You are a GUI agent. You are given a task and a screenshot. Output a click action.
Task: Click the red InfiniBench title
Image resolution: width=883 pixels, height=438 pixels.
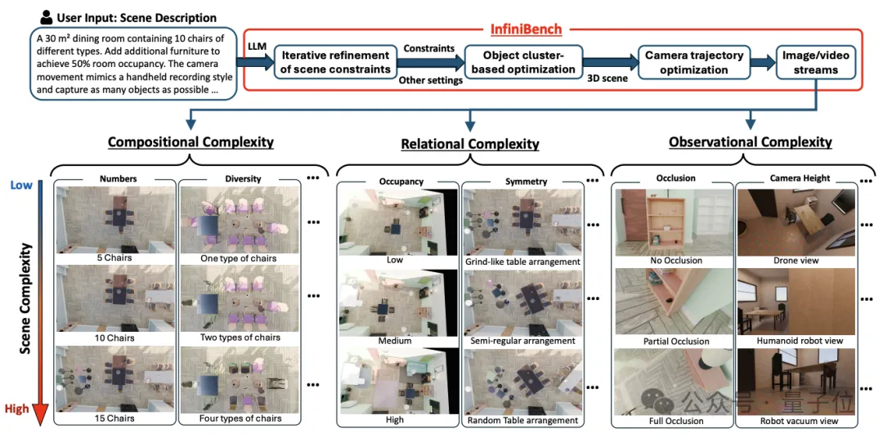[x=526, y=29]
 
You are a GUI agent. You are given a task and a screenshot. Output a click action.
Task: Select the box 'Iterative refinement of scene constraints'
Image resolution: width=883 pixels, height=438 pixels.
[x=336, y=62]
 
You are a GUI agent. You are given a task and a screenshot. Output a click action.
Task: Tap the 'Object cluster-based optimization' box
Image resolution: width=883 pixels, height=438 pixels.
[x=524, y=62]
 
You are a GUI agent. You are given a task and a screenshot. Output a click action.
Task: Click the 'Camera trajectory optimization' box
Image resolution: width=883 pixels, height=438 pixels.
[x=694, y=62]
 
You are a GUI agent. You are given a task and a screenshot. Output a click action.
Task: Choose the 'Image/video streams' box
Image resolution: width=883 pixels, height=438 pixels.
[x=814, y=62]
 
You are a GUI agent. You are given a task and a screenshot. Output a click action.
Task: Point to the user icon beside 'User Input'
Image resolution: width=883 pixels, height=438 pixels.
[x=45, y=17]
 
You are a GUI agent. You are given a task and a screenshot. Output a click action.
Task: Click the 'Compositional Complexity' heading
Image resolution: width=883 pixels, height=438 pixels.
[x=190, y=142]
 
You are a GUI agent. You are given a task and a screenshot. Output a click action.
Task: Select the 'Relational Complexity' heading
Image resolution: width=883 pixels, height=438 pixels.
[x=470, y=144]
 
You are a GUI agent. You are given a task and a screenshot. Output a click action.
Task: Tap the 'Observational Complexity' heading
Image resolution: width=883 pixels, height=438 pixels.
[x=750, y=142]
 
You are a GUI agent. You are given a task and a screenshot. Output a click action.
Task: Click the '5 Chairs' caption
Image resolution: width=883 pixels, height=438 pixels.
[x=114, y=259]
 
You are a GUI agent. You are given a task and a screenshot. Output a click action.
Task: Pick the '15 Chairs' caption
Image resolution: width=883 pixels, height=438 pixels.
[x=114, y=418]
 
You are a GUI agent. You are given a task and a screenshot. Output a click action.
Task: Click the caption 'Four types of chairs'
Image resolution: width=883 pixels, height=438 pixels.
[x=240, y=418]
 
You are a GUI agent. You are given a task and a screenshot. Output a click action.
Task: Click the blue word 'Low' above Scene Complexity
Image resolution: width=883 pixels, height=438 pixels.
[x=21, y=185]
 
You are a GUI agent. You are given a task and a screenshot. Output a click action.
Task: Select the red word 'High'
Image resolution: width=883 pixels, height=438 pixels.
[x=16, y=409]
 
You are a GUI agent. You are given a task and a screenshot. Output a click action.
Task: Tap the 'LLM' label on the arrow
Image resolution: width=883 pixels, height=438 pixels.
[x=258, y=47]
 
